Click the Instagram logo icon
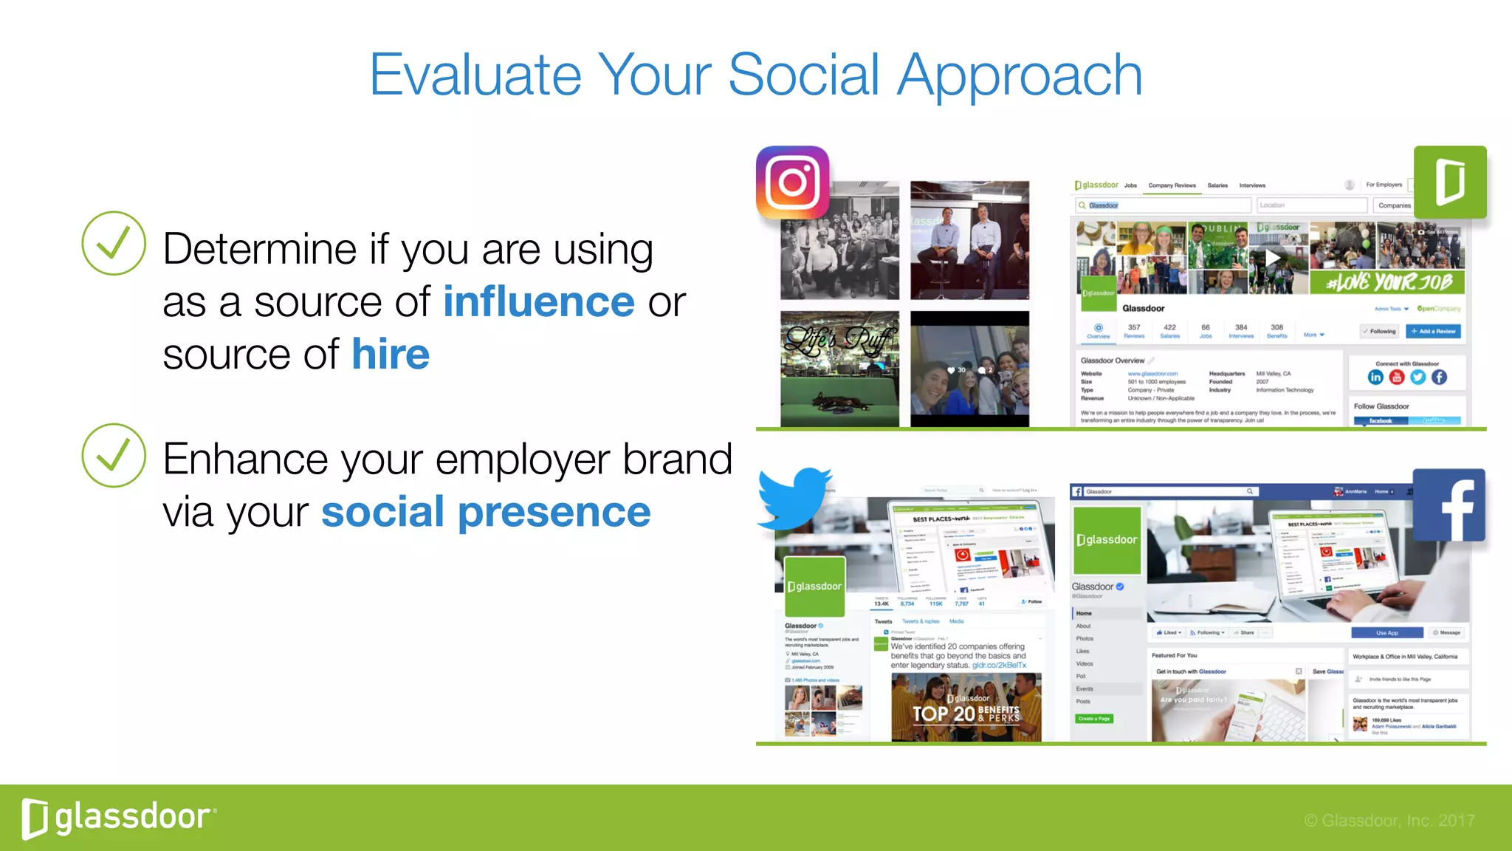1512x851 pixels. [x=792, y=182]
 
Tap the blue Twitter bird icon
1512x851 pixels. [x=794, y=498]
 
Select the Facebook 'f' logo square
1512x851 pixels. [x=1449, y=505]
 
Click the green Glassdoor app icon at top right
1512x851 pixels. [x=1449, y=182]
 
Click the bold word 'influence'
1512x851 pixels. [x=538, y=302]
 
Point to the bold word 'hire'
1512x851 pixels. [x=390, y=355]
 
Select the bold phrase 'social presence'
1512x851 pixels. [x=486, y=512]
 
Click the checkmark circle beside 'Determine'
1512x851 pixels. [x=113, y=243]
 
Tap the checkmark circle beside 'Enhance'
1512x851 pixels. [x=113, y=455]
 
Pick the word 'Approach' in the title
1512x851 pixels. [x=1020, y=75]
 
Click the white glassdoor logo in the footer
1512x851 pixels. [x=119, y=818]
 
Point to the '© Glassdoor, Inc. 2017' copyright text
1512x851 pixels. [x=1389, y=821]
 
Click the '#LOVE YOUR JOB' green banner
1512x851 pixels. [x=1387, y=282]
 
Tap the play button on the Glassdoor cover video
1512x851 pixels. [x=1273, y=258]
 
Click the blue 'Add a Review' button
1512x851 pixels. [x=1433, y=331]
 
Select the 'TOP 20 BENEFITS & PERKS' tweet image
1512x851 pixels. [x=966, y=707]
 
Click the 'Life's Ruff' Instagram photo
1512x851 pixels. [x=839, y=368]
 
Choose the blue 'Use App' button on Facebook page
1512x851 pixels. [x=1386, y=632]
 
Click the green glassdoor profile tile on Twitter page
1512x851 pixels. [x=814, y=587]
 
